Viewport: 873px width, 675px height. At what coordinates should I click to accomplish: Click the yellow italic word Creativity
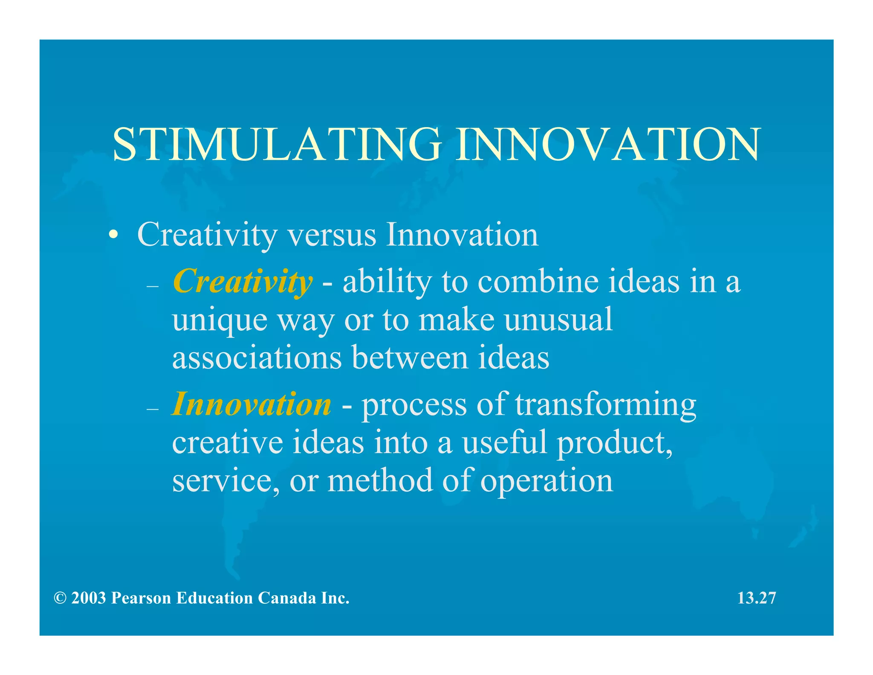pos(242,282)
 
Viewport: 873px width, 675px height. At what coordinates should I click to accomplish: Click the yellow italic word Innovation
pos(251,404)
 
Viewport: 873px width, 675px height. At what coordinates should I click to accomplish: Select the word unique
pos(220,320)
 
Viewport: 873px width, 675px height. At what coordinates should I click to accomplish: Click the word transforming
pos(605,404)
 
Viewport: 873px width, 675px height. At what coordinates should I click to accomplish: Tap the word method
pos(380,480)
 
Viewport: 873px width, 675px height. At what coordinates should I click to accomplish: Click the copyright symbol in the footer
pos(60,598)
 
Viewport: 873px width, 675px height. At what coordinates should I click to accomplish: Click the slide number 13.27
pos(756,598)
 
